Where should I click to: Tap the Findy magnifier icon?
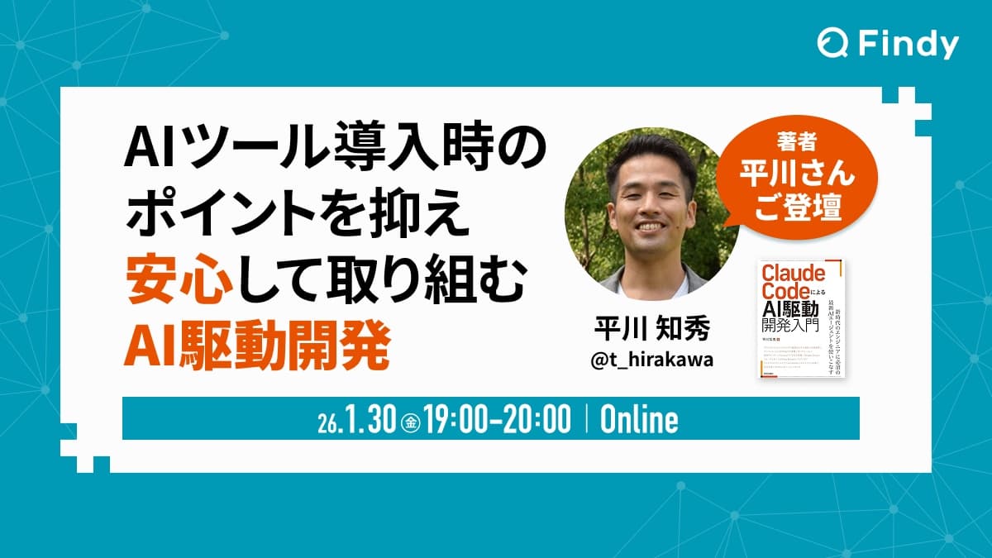832,44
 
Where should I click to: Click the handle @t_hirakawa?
642,365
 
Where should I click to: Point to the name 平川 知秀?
641,331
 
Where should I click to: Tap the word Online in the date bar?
639,420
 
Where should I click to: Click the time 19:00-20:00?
499,420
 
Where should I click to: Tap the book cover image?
801,318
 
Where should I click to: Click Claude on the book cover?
781,274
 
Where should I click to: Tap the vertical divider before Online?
586,420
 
